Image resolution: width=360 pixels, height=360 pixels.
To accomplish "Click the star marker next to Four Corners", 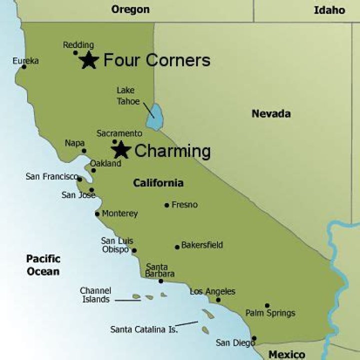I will (89, 60).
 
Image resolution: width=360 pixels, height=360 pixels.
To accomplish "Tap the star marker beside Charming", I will (121, 150).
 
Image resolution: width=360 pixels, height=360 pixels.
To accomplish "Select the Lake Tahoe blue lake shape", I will (156, 117).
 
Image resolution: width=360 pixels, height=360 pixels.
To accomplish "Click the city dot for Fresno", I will (167, 205).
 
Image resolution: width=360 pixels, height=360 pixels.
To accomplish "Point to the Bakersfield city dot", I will (177, 246).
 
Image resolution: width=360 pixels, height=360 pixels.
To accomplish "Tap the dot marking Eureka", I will (23, 66).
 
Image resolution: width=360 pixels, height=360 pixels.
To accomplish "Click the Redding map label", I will (78, 45).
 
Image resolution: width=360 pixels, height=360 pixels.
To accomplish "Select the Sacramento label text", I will (119, 133).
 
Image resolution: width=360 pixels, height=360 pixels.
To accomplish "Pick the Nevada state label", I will (271, 113).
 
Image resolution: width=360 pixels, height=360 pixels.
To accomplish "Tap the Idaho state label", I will (329, 10).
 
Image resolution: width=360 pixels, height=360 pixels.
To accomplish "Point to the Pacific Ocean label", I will (43, 265).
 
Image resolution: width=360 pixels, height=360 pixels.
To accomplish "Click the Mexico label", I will (286, 354).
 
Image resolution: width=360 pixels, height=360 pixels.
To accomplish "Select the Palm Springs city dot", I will (267, 305).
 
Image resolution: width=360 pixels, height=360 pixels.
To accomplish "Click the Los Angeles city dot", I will (218, 300).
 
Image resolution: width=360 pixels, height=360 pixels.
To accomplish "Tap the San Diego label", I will (235, 342).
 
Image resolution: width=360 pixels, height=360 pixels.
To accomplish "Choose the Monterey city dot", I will (97, 214).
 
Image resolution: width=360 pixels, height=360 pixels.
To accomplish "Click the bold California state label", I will (158, 183).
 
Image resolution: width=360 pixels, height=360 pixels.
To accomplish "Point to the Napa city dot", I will (84, 150).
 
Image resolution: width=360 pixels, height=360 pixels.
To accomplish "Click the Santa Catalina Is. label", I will (143, 329).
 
